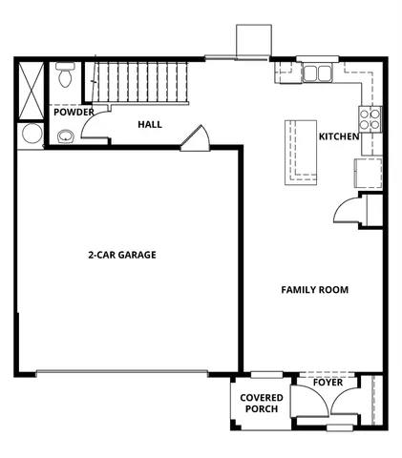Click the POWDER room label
74,113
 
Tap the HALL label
150,124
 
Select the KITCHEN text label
338,136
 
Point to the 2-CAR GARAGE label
121,255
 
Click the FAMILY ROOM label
314,289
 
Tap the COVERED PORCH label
259,403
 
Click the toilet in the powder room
66,74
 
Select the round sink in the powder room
66,135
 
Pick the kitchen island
304,152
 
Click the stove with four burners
370,118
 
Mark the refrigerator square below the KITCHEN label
368,173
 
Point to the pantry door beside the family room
347,210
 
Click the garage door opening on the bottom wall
121,373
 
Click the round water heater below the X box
30,133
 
